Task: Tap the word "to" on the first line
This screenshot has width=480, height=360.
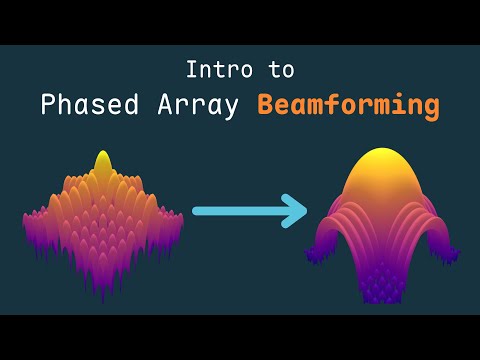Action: click(x=281, y=71)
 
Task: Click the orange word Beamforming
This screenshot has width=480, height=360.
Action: click(x=347, y=104)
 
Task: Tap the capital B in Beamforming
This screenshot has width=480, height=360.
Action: click(x=266, y=104)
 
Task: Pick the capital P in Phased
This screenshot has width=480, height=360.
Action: click(x=48, y=104)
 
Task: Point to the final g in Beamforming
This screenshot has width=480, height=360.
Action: click(x=429, y=107)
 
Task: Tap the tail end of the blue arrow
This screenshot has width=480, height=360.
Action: click(x=196, y=211)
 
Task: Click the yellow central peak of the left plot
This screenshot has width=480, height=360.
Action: click(x=102, y=163)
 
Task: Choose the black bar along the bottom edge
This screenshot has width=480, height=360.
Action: click(x=240, y=337)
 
